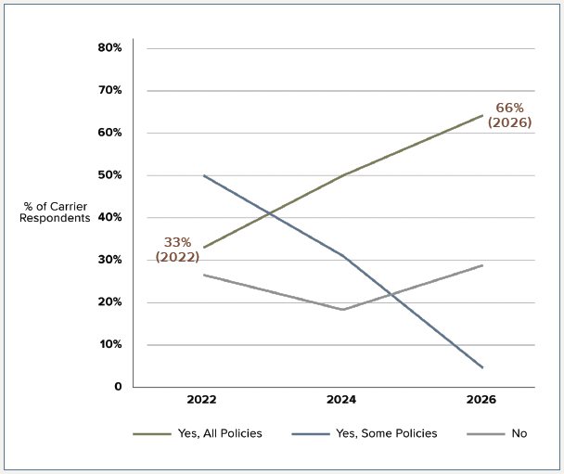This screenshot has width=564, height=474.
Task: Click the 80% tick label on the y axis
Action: tap(109, 47)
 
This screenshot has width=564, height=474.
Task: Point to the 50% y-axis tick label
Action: tap(109, 175)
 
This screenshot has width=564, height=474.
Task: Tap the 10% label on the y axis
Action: tap(110, 344)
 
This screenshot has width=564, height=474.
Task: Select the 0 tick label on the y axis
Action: tap(119, 387)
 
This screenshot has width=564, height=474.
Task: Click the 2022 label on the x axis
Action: tap(202, 400)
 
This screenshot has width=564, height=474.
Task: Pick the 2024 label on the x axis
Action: tap(341, 400)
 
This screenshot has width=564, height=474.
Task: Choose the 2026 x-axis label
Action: tap(481, 400)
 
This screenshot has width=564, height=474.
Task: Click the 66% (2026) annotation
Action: tap(509, 115)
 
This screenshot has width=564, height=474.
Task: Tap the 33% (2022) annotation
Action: tap(177, 250)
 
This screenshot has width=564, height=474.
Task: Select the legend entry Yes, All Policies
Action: tap(198, 433)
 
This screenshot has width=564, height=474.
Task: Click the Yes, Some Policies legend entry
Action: tap(365, 433)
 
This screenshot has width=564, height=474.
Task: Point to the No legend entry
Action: tap(496, 433)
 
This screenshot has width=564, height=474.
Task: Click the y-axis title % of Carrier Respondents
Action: tap(55, 212)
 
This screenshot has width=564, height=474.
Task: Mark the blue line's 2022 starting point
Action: tap(204, 175)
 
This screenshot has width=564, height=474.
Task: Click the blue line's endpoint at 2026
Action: tap(482, 367)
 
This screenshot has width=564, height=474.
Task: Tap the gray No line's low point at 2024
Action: tap(343, 309)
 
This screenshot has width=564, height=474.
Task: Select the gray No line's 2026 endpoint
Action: tap(482, 265)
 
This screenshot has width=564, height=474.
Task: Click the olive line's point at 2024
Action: tap(343, 175)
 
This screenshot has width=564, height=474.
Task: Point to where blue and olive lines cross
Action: tap(270, 213)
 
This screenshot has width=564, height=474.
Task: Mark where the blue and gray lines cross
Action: tap(392, 295)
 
